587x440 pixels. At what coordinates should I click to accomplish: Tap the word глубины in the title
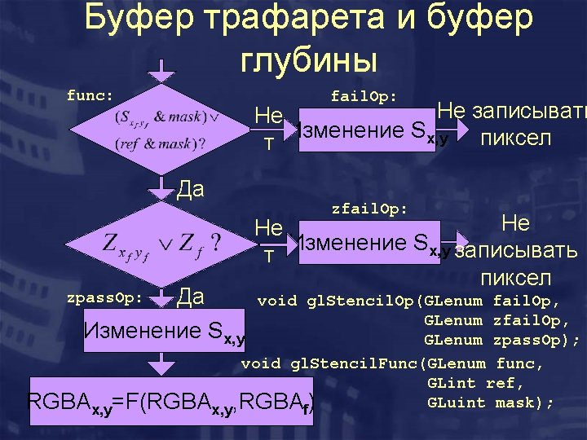pos(309,60)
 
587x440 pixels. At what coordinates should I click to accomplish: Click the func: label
pos(90,95)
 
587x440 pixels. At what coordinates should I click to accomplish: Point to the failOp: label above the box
pos(364,96)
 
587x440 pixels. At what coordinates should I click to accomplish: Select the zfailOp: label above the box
pos(369,209)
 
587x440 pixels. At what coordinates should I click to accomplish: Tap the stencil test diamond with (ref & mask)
pos(162,130)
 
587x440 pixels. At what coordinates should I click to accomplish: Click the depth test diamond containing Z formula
pos(162,242)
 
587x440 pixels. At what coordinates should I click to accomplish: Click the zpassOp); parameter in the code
pos(536,340)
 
